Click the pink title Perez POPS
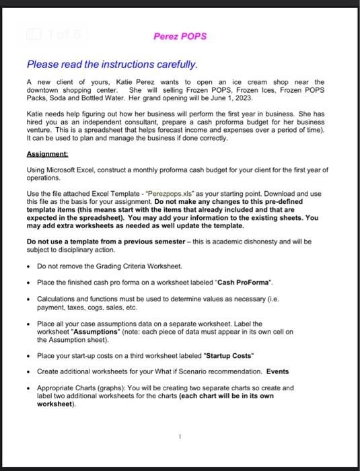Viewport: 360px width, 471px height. click(x=180, y=36)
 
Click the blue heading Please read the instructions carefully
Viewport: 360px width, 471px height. click(x=112, y=65)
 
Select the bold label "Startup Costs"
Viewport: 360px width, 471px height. click(x=230, y=355)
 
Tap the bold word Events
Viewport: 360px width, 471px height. click(x=278, y=371)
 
